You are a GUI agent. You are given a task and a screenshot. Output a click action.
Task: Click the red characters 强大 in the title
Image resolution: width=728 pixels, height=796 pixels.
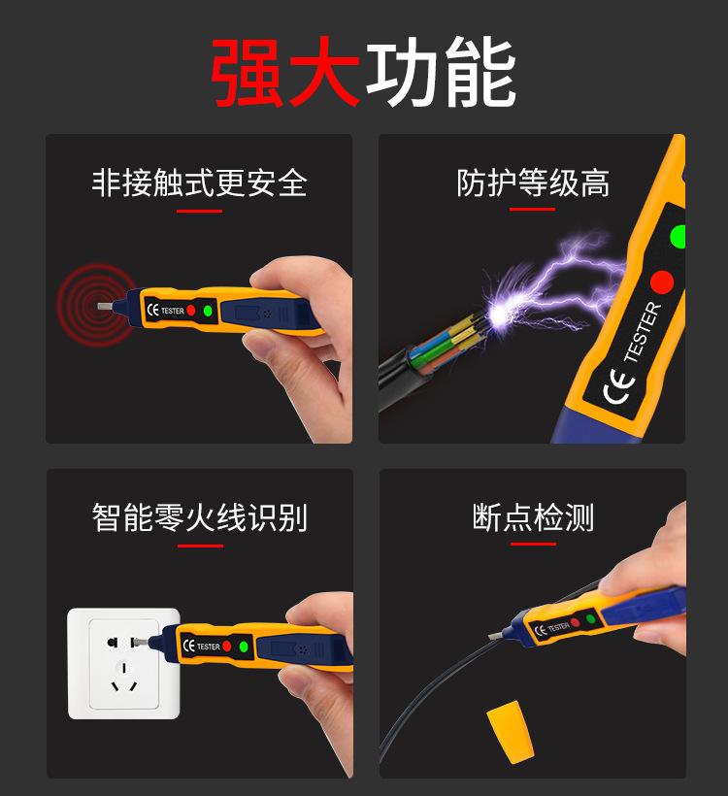point(286,74)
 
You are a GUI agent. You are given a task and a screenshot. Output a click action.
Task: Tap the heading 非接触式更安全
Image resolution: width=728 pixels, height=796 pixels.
point(199,182)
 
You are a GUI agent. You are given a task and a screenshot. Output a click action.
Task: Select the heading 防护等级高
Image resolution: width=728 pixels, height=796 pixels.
point(533,182)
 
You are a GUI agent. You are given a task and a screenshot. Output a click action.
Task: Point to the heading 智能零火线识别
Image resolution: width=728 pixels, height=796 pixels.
point(199,517)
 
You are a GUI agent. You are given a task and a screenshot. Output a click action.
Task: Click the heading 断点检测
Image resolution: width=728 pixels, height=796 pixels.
point(533,517)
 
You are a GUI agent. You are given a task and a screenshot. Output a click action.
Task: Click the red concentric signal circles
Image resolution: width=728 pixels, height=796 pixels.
point(94,304)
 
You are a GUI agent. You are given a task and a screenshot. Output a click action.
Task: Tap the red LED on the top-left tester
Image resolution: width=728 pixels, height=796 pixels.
point(191,311)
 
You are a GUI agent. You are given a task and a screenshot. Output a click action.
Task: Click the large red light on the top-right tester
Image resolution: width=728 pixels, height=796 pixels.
point(662,282)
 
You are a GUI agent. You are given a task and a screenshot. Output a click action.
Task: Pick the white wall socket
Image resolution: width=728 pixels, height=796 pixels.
point(123,663)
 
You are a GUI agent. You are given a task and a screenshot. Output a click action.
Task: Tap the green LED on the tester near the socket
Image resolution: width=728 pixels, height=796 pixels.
point(244,647)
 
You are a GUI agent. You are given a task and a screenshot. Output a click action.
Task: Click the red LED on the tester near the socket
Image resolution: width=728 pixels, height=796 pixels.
point(227,646)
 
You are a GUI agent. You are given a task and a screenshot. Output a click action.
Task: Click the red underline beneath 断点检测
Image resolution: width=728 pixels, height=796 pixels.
point(533,545)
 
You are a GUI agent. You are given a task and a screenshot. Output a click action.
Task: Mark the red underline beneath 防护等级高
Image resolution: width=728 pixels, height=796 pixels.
point(533,210)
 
